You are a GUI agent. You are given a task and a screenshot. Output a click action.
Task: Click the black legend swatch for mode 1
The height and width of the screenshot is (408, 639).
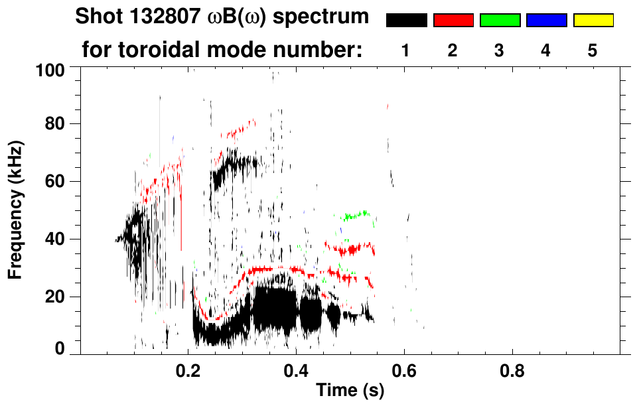pyautogui.click(x=406, y=21)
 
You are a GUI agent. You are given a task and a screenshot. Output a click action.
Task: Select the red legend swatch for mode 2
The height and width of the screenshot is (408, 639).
pyautogui.click(x=453, y=21)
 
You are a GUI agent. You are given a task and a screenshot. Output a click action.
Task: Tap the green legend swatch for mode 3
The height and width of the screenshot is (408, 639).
pyautogui.click(x=500, y=21)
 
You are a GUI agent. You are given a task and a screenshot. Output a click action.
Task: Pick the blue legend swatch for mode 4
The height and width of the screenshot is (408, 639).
pyautogui.click(x=546, y=21)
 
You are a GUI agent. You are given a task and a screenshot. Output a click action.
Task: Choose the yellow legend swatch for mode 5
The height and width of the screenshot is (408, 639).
pyautogui.click(x=593, y=21)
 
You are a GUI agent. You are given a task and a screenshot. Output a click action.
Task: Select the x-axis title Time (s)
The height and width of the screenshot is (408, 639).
pyautogui.click(x=350, y=391)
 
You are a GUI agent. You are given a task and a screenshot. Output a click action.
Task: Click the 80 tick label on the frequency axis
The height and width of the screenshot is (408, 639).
pyautogui.click(x=54, y=124)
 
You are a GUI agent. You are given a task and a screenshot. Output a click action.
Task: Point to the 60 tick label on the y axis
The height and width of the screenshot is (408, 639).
pyautogui.click(x=54, y=181)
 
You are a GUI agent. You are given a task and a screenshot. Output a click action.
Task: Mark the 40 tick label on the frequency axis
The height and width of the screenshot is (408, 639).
pyautogui.click(x=54, y=239)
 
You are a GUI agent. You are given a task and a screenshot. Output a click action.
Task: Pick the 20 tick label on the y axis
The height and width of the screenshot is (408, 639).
pyautogui.click(x=54, y=297)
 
